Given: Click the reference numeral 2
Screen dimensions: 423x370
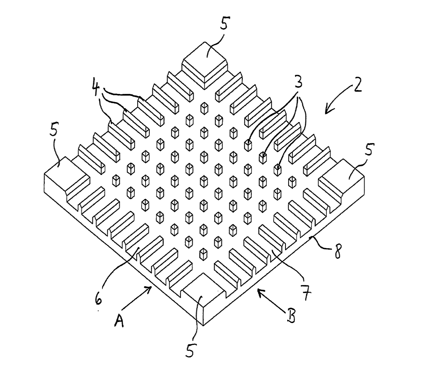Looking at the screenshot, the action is [357, 85].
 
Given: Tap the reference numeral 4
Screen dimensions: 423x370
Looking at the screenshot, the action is [96, 87].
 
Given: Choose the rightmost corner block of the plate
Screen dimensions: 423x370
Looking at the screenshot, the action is [341, 181].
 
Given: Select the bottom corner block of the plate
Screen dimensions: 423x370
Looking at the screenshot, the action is [204, 298].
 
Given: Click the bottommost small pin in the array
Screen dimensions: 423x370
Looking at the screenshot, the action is [204, 254].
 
